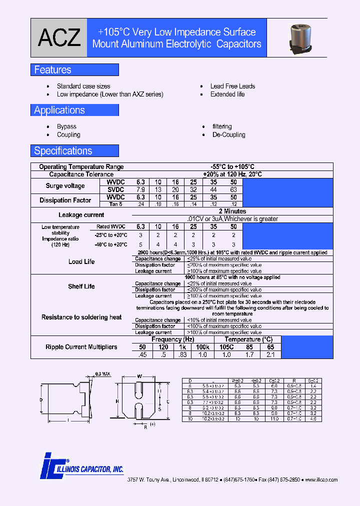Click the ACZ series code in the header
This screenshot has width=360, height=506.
click(59, 38)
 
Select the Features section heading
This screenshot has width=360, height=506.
click(52, 70)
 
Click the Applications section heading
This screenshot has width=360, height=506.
click(59, 110)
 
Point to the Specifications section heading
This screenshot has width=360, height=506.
click(63, 151)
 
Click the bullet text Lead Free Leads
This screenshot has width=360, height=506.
click(232, 86)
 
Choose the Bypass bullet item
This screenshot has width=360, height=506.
click(66, 127)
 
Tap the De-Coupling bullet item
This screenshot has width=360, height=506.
click(228, 135)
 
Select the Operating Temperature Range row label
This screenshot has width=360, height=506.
click(81, 167)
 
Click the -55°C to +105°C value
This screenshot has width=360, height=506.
click(232, 167)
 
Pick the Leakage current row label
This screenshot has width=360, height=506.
click(81, 215)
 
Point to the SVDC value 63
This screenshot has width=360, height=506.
click(233, 190)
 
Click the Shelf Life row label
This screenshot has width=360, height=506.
click(81, 286)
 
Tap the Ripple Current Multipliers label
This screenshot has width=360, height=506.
click(81, 347)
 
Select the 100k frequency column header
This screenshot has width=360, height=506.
click(202, 347)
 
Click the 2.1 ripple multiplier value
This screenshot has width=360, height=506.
click(270, 354)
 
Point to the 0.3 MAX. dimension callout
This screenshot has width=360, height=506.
click(103, 374)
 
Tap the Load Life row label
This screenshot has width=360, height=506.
click(81, 262)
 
